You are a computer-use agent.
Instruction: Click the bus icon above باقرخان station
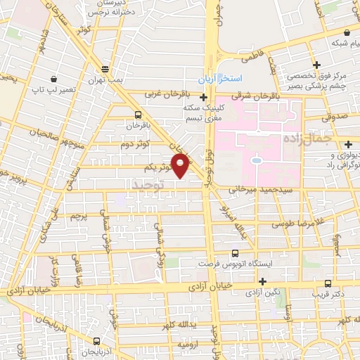tap(138, 114)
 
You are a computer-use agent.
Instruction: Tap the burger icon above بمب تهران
tap(105, 69)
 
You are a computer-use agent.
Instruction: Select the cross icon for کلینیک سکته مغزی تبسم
tap(204, 97)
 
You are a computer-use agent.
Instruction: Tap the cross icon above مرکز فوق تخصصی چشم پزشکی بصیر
tap(317, 65)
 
